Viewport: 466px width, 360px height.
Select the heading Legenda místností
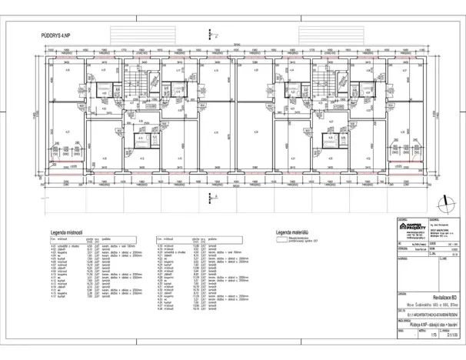(68, 231)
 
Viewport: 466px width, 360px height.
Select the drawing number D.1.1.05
(446, 336)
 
